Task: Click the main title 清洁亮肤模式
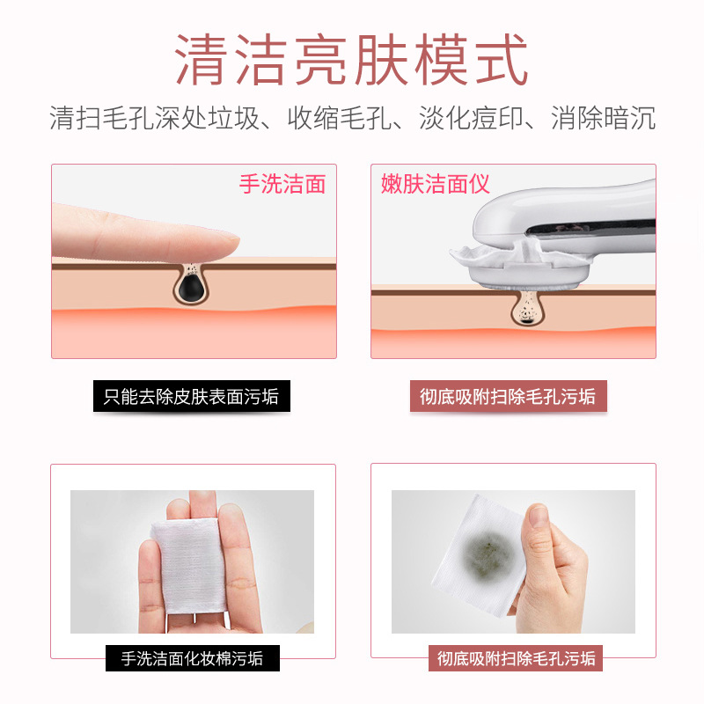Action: (x=351, y=59)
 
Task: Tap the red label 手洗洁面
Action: (x=282, y=184)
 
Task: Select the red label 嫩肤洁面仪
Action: (x=435, y=184)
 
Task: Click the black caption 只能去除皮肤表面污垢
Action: (x=191, y=396)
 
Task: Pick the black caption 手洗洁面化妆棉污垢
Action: (x=192, y=658)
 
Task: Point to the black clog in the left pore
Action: (x=188, y=288)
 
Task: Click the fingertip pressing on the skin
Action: (x=224, y=245)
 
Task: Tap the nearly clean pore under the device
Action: (x=527, y=308)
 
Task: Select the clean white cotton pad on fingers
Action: (x=189, y=565)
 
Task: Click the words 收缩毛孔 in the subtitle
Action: (x=340, y=118)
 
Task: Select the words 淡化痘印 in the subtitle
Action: (x=472, y=118)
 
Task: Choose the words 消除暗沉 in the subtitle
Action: (x=604, y=118)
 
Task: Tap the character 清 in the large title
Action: (x=201, y=59)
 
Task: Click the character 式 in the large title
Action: (x=502, y=59)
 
